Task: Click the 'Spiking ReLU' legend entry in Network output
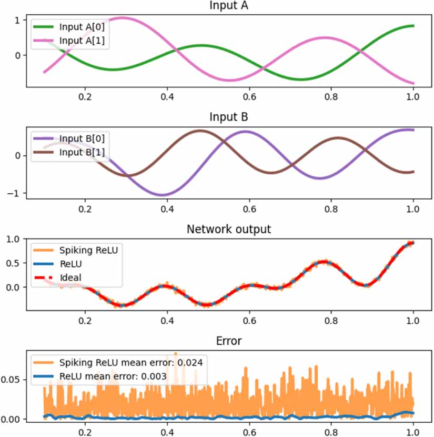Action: coord(88,251)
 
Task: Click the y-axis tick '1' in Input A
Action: coord(17,20)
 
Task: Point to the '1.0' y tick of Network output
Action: coord(14,239)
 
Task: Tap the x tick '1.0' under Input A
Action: coord(413,97)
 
